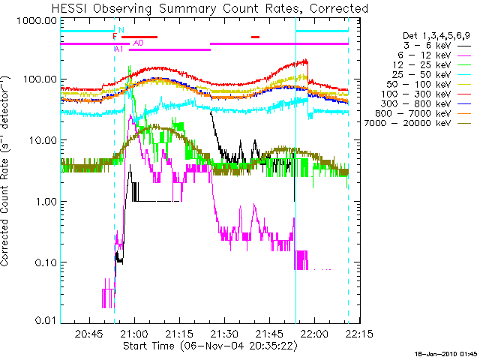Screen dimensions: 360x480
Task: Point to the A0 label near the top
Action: [138, 43]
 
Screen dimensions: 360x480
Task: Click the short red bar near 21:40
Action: [255, 36]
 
